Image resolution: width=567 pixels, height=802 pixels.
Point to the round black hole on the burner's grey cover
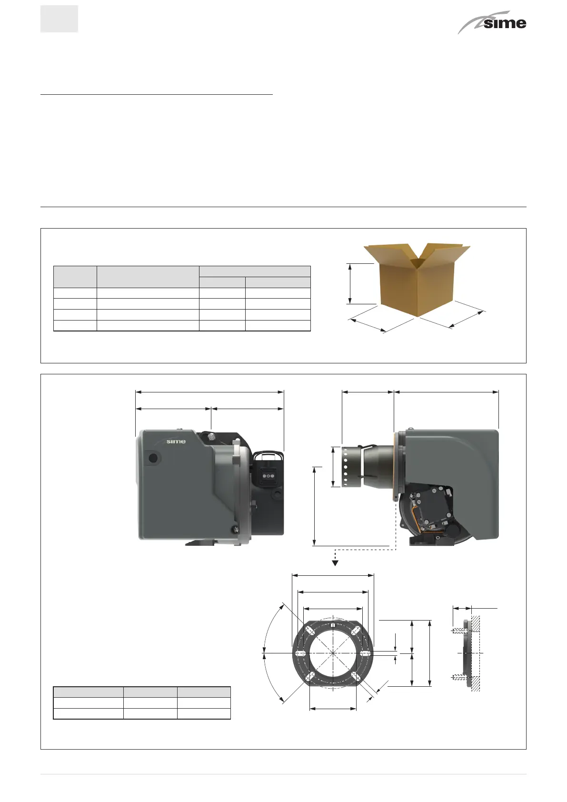153,458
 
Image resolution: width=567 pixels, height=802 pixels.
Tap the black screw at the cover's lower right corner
235,528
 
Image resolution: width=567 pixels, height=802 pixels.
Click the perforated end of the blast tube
346,467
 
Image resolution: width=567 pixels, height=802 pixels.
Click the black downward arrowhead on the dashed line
335,563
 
